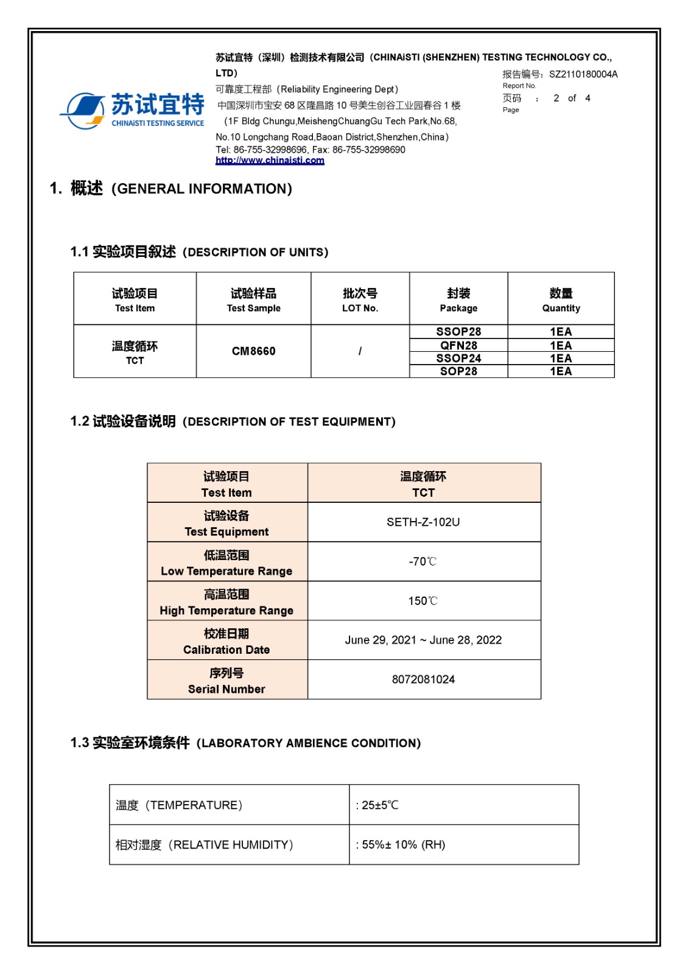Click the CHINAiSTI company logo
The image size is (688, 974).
point(133,110)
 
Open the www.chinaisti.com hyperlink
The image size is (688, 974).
point(270,160)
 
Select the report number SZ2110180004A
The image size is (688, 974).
point(583,74)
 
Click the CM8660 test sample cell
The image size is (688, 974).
point(253,351)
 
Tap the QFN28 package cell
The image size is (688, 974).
point(458,345)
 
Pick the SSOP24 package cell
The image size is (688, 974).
point(458,359)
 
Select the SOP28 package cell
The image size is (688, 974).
point(458,371)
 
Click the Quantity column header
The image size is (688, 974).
point(561,300)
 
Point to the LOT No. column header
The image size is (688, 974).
point(360,300)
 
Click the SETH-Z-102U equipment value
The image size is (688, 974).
point(423,522)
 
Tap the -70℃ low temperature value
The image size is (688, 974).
point(423,561)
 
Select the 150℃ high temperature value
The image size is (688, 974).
point(423,601)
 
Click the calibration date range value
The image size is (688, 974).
point(423,640)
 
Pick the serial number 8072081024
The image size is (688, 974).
point(423,679)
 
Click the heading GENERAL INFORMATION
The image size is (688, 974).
point(202,189)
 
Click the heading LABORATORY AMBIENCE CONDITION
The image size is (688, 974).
point(309,743)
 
